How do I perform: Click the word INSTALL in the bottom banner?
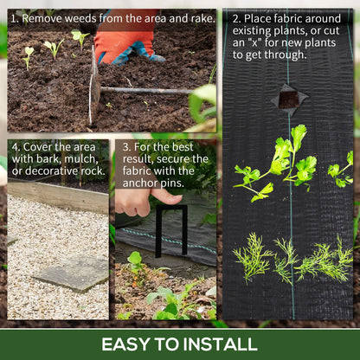(x=220, y=344)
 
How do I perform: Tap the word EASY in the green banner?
(x=126, y=344)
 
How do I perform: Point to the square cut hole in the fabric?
(x=289, y=100)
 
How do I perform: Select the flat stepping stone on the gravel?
(x=72, y=273)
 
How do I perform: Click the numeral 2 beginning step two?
(x=236, y=19)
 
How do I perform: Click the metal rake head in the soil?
(x=94, y=87)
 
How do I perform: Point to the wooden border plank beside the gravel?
(x=58, y=196)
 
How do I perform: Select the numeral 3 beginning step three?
(x=126, y=147)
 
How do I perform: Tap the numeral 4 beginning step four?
(x=16, y=147)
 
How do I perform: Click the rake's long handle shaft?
(x=147, y=91)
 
